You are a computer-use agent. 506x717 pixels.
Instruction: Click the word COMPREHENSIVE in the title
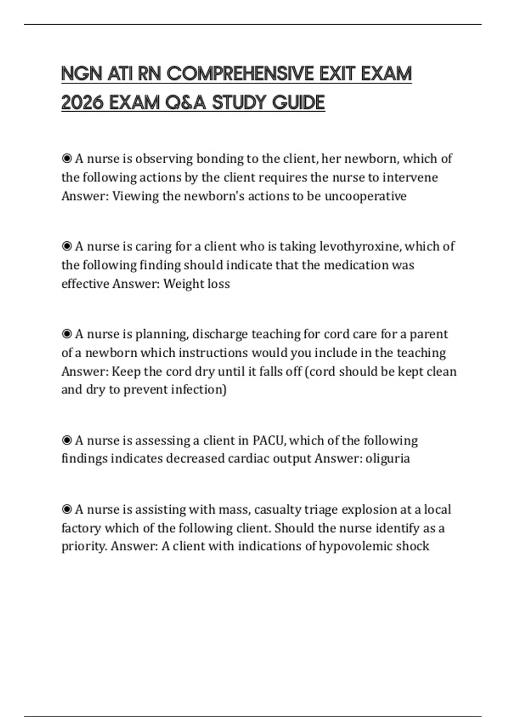click(240, 74)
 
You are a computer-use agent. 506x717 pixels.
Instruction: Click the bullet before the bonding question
click(66, 159)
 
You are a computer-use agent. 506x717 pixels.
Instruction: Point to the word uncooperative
click(365, 196)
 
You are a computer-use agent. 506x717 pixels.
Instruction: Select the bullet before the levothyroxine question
click(66, 246)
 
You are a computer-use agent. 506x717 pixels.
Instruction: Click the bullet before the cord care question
click(66, 334)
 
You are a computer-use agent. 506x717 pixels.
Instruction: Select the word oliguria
click(388, 458)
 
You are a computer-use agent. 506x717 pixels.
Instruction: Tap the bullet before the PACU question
click(66, 440)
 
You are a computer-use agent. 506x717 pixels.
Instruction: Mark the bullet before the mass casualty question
click(66, 509)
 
